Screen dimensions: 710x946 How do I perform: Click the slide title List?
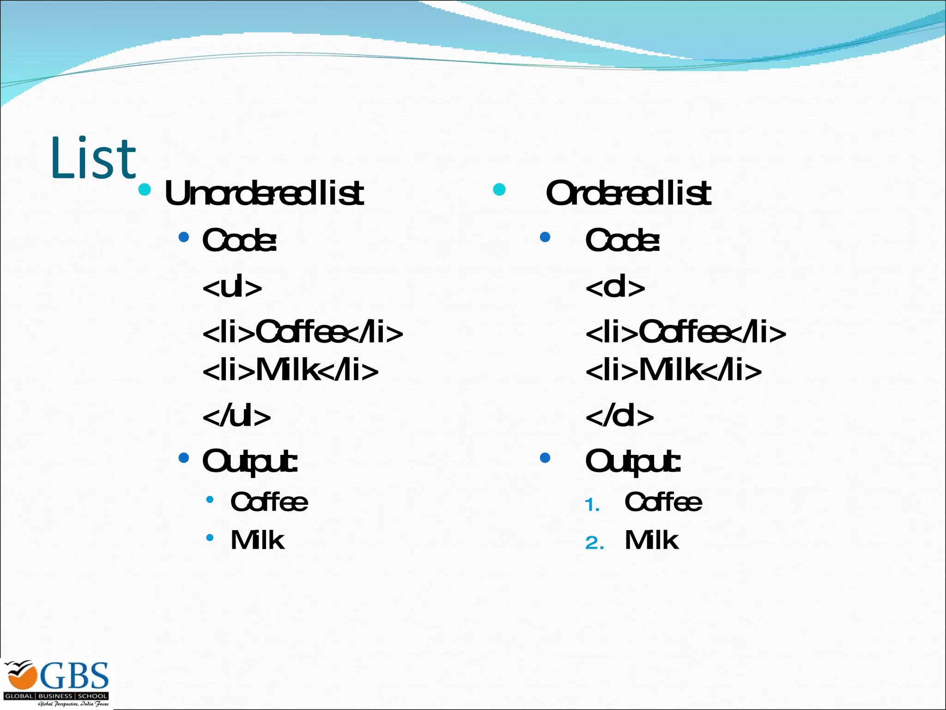93,158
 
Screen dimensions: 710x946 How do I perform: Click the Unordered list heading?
264,193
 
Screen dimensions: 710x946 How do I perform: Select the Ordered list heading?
628,193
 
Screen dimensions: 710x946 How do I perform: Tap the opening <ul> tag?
232,288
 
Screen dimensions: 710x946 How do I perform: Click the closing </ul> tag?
236,416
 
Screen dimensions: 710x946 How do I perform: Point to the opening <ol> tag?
615,288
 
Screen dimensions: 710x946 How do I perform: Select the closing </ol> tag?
619,416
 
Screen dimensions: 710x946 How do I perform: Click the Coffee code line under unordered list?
303,332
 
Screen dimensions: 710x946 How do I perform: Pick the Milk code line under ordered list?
673,370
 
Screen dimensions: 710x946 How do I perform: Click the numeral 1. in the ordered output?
592,505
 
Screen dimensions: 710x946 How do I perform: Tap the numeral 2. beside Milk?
594,543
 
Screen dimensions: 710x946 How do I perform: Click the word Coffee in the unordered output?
269,502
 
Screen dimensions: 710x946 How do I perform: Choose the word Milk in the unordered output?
257,540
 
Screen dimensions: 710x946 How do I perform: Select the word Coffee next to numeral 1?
663,502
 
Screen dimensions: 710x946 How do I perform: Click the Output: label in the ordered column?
633,461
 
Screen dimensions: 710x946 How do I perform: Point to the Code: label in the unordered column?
239,240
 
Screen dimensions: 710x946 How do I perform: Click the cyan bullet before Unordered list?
145,190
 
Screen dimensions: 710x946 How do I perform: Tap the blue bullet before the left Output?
184,458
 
